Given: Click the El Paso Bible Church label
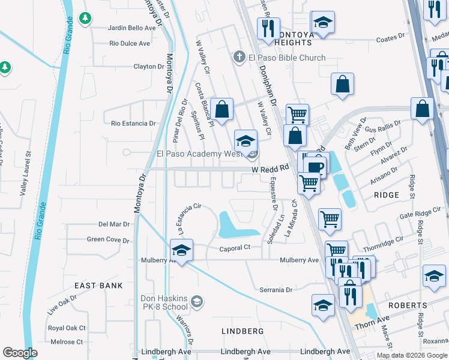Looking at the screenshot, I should click(x=287, y=58).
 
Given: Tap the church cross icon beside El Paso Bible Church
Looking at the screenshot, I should click(x=239, y=58).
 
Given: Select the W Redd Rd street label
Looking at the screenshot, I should click(x=271, y=170).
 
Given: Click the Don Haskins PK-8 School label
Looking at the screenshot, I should click(x=164, y=302).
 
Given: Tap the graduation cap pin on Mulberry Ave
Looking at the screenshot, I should click(x=181, y=250).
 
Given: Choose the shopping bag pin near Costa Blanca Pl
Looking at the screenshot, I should click(x=221, y=110).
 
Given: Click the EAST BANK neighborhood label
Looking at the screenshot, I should click(x=98, y=286).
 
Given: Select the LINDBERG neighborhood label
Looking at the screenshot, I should click(x=243, y=331).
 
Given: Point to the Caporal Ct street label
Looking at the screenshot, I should click(x=235, y=248).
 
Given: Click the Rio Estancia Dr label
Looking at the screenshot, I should click(x=133, y=124).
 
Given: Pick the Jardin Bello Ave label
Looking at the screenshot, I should click(x=132, y=28).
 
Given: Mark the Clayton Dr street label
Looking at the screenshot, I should click(x=148, y=67).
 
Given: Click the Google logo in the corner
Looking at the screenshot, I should click(x=20, y=353).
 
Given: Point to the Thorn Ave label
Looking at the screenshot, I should click(x=372, y=324).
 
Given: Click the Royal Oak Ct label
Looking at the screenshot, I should click(x=67, y=328).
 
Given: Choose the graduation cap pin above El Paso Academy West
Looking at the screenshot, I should click(x=245, y=141).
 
